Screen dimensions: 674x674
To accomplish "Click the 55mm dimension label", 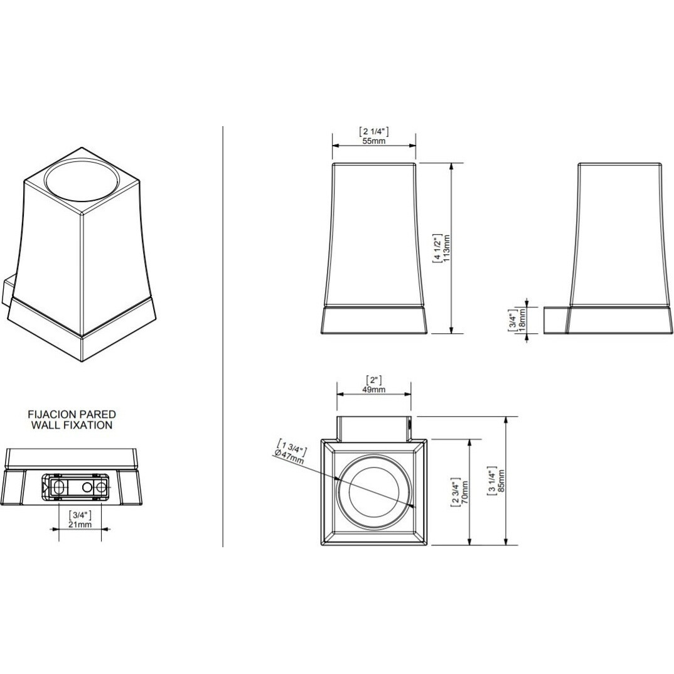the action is tap(373, 141).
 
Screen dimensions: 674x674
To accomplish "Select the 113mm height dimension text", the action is tap(447, 248).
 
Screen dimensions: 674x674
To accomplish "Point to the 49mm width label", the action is tap(373, 390).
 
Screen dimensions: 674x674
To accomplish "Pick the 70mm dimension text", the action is tap(464, 493).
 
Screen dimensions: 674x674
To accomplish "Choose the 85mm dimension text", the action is tap(501, 481).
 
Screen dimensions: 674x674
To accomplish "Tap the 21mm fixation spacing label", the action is tap(80, 525).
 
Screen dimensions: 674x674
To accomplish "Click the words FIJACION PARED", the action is tap(72, 414).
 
